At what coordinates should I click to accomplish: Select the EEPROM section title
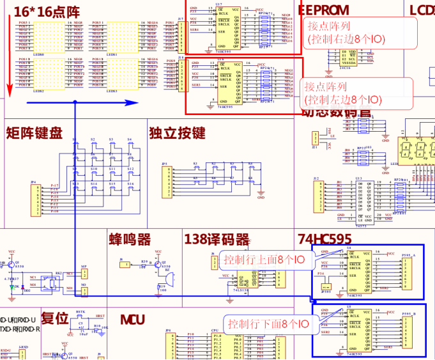point(323,10)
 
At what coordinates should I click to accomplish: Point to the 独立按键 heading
point(177,133)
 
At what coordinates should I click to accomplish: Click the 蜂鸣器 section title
point(130,240)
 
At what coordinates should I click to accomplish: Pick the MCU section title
point(132,320)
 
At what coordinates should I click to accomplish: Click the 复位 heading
point(55,318)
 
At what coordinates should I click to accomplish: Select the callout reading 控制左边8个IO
point(342,93)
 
